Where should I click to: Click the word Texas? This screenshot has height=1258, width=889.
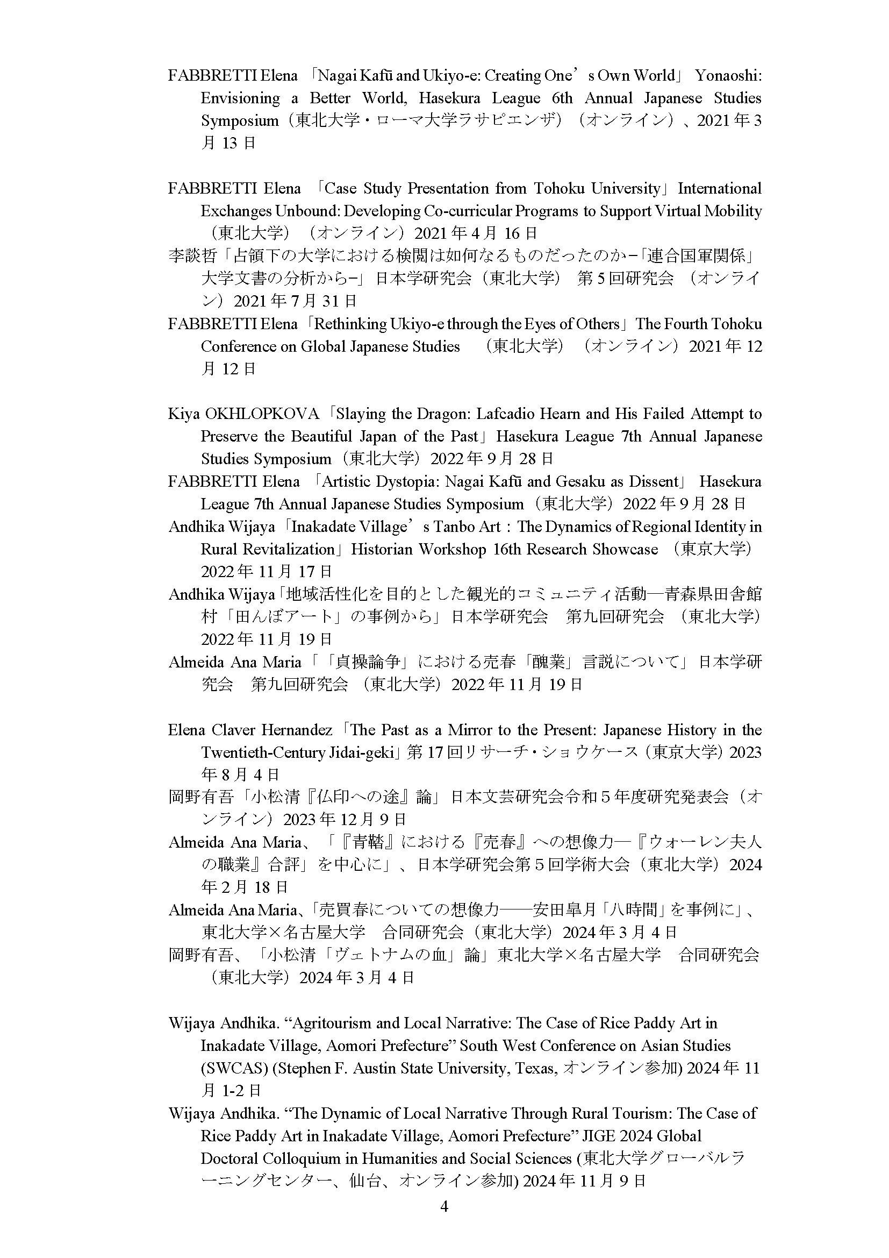(537, 1069)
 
